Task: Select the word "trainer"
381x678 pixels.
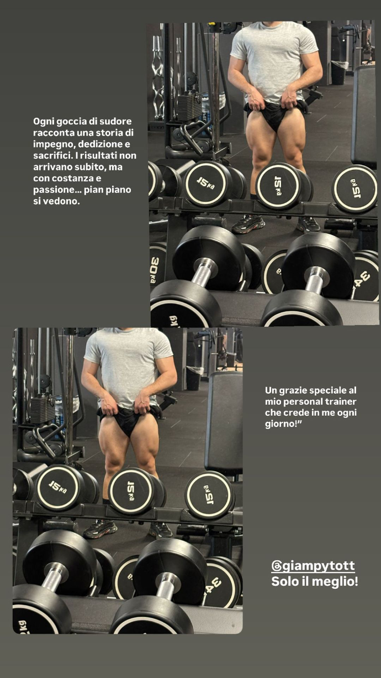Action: point(341,402)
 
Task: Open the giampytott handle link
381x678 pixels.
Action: point(313,566)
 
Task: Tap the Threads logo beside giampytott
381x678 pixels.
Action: point(276,566)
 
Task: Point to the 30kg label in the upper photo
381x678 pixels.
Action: point(155,270)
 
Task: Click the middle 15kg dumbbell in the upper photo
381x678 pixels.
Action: point(279,186)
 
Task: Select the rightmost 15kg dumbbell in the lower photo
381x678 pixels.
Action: point(209,495)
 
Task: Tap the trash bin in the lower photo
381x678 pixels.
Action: point(194,378)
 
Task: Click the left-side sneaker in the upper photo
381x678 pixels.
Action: point(248,223)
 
